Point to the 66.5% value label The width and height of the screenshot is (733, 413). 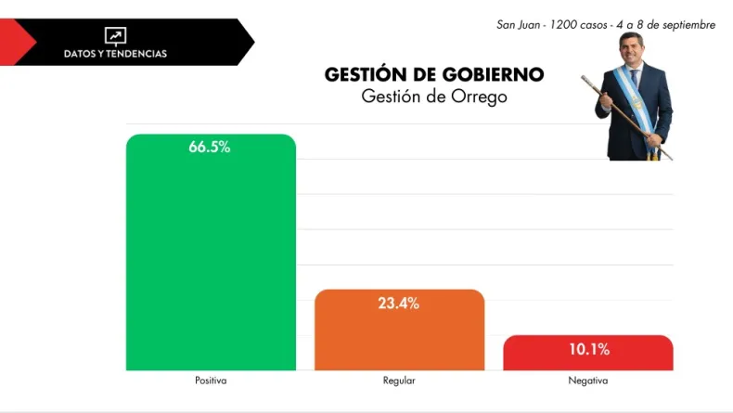(x=210, y=148)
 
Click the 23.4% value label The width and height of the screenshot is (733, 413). (x=399, y=303)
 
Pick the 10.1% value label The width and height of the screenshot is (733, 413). (x=588, y=350)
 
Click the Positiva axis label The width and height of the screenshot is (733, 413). (x=211, y=381)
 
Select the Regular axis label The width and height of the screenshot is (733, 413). (x=399, y=381)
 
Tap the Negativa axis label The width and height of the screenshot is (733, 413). (x=588, y=381)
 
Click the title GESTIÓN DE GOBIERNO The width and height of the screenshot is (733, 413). (x=434, y=75)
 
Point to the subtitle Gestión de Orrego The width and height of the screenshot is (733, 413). (x=434, y=97)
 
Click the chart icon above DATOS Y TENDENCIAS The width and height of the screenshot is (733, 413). (x=115, y=36)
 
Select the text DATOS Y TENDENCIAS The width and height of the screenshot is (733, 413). (x=115, y=54)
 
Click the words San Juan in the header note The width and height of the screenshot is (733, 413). (x=518, y=25)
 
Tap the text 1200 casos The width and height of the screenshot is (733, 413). (x=578, y=25)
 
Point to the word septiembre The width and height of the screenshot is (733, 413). (x=685, y=25)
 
